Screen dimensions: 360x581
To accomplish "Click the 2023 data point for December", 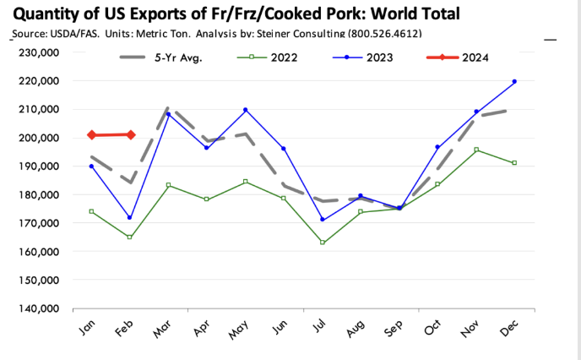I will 514,81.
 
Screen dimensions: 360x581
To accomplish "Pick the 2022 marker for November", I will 476,150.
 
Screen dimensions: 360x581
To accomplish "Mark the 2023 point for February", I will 130,217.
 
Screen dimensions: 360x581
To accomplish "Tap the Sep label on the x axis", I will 394,328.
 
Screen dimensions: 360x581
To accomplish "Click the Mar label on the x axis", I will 163,329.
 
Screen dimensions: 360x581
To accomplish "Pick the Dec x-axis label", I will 510,328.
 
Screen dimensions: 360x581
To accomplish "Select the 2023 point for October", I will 437,147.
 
